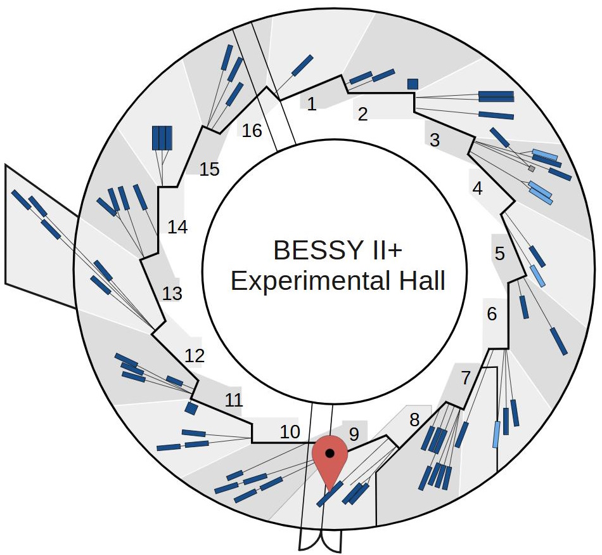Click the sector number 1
pyautogui.click(x=311, y=104)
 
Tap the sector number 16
pyautogui.click(x=252, y=131)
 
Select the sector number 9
pyautogui.click(x=354, y=434)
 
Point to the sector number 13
pyautogui.click(x=172, y=294)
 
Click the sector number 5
pyautogui.click(x=500, y=254)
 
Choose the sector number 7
pyautogui.click(x=466, y=379)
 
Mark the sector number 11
pyautogui.click(x=234, y=400)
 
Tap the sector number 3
pyautogui.click(x=435, y=140)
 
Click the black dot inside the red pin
pyautogui.click(x=330, y=453)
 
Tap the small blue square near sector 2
pyautogui.click(x=413, y=84)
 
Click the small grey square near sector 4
pyautogui.click(x=532, y=169)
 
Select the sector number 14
pyautogui.click(x=177, y=227)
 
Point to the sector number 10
pyautogui.click(x=290, y=432)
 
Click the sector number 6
pyautogui.click(x=492, y=313)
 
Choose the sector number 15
pyautogui.click(x=208, y=169)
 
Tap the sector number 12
pyautogui.click(x=195, y=356)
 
